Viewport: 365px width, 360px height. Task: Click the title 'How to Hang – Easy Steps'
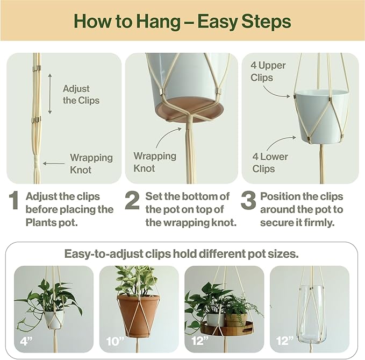click(x=182, y=22)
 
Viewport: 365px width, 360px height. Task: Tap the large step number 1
click(x=15, y=201)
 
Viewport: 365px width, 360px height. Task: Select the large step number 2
click(x=133, y=201)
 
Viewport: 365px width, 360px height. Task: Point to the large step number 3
click(x=248, y=201)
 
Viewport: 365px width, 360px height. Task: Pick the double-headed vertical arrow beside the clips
click(x=50, y=94)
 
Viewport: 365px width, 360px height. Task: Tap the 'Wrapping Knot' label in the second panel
click(x=155, y=162)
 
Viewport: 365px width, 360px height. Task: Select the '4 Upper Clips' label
click(x=268, y=72)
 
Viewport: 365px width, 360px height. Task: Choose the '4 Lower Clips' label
click(x=270, y=163)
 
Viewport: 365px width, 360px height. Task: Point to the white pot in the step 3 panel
click(x=322, y=115)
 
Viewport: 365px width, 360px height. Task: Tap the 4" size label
click(x=24, y=340)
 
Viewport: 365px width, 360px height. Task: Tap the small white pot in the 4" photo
click(x=53, y=318)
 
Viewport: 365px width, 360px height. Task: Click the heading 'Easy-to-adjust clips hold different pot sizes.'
click(x=182, y=253)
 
